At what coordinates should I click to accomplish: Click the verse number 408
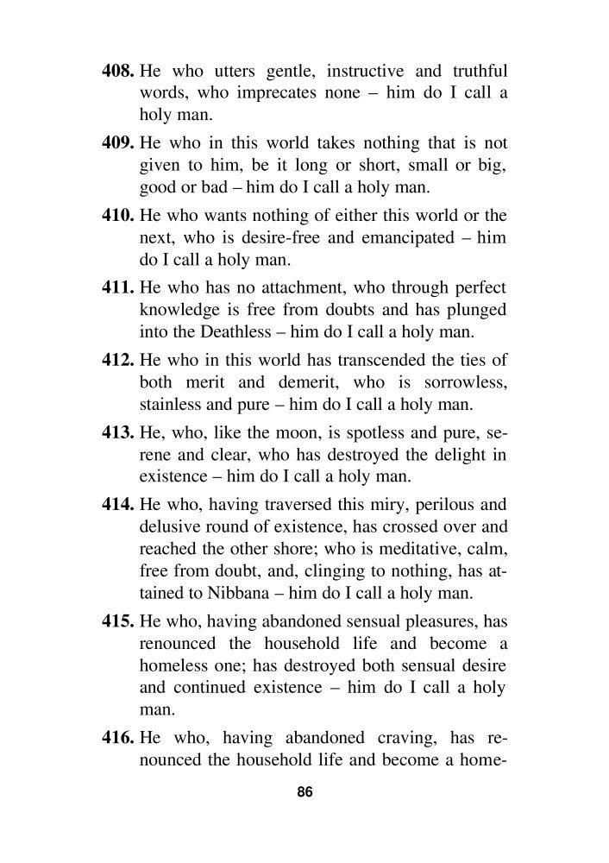(118, 68)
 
